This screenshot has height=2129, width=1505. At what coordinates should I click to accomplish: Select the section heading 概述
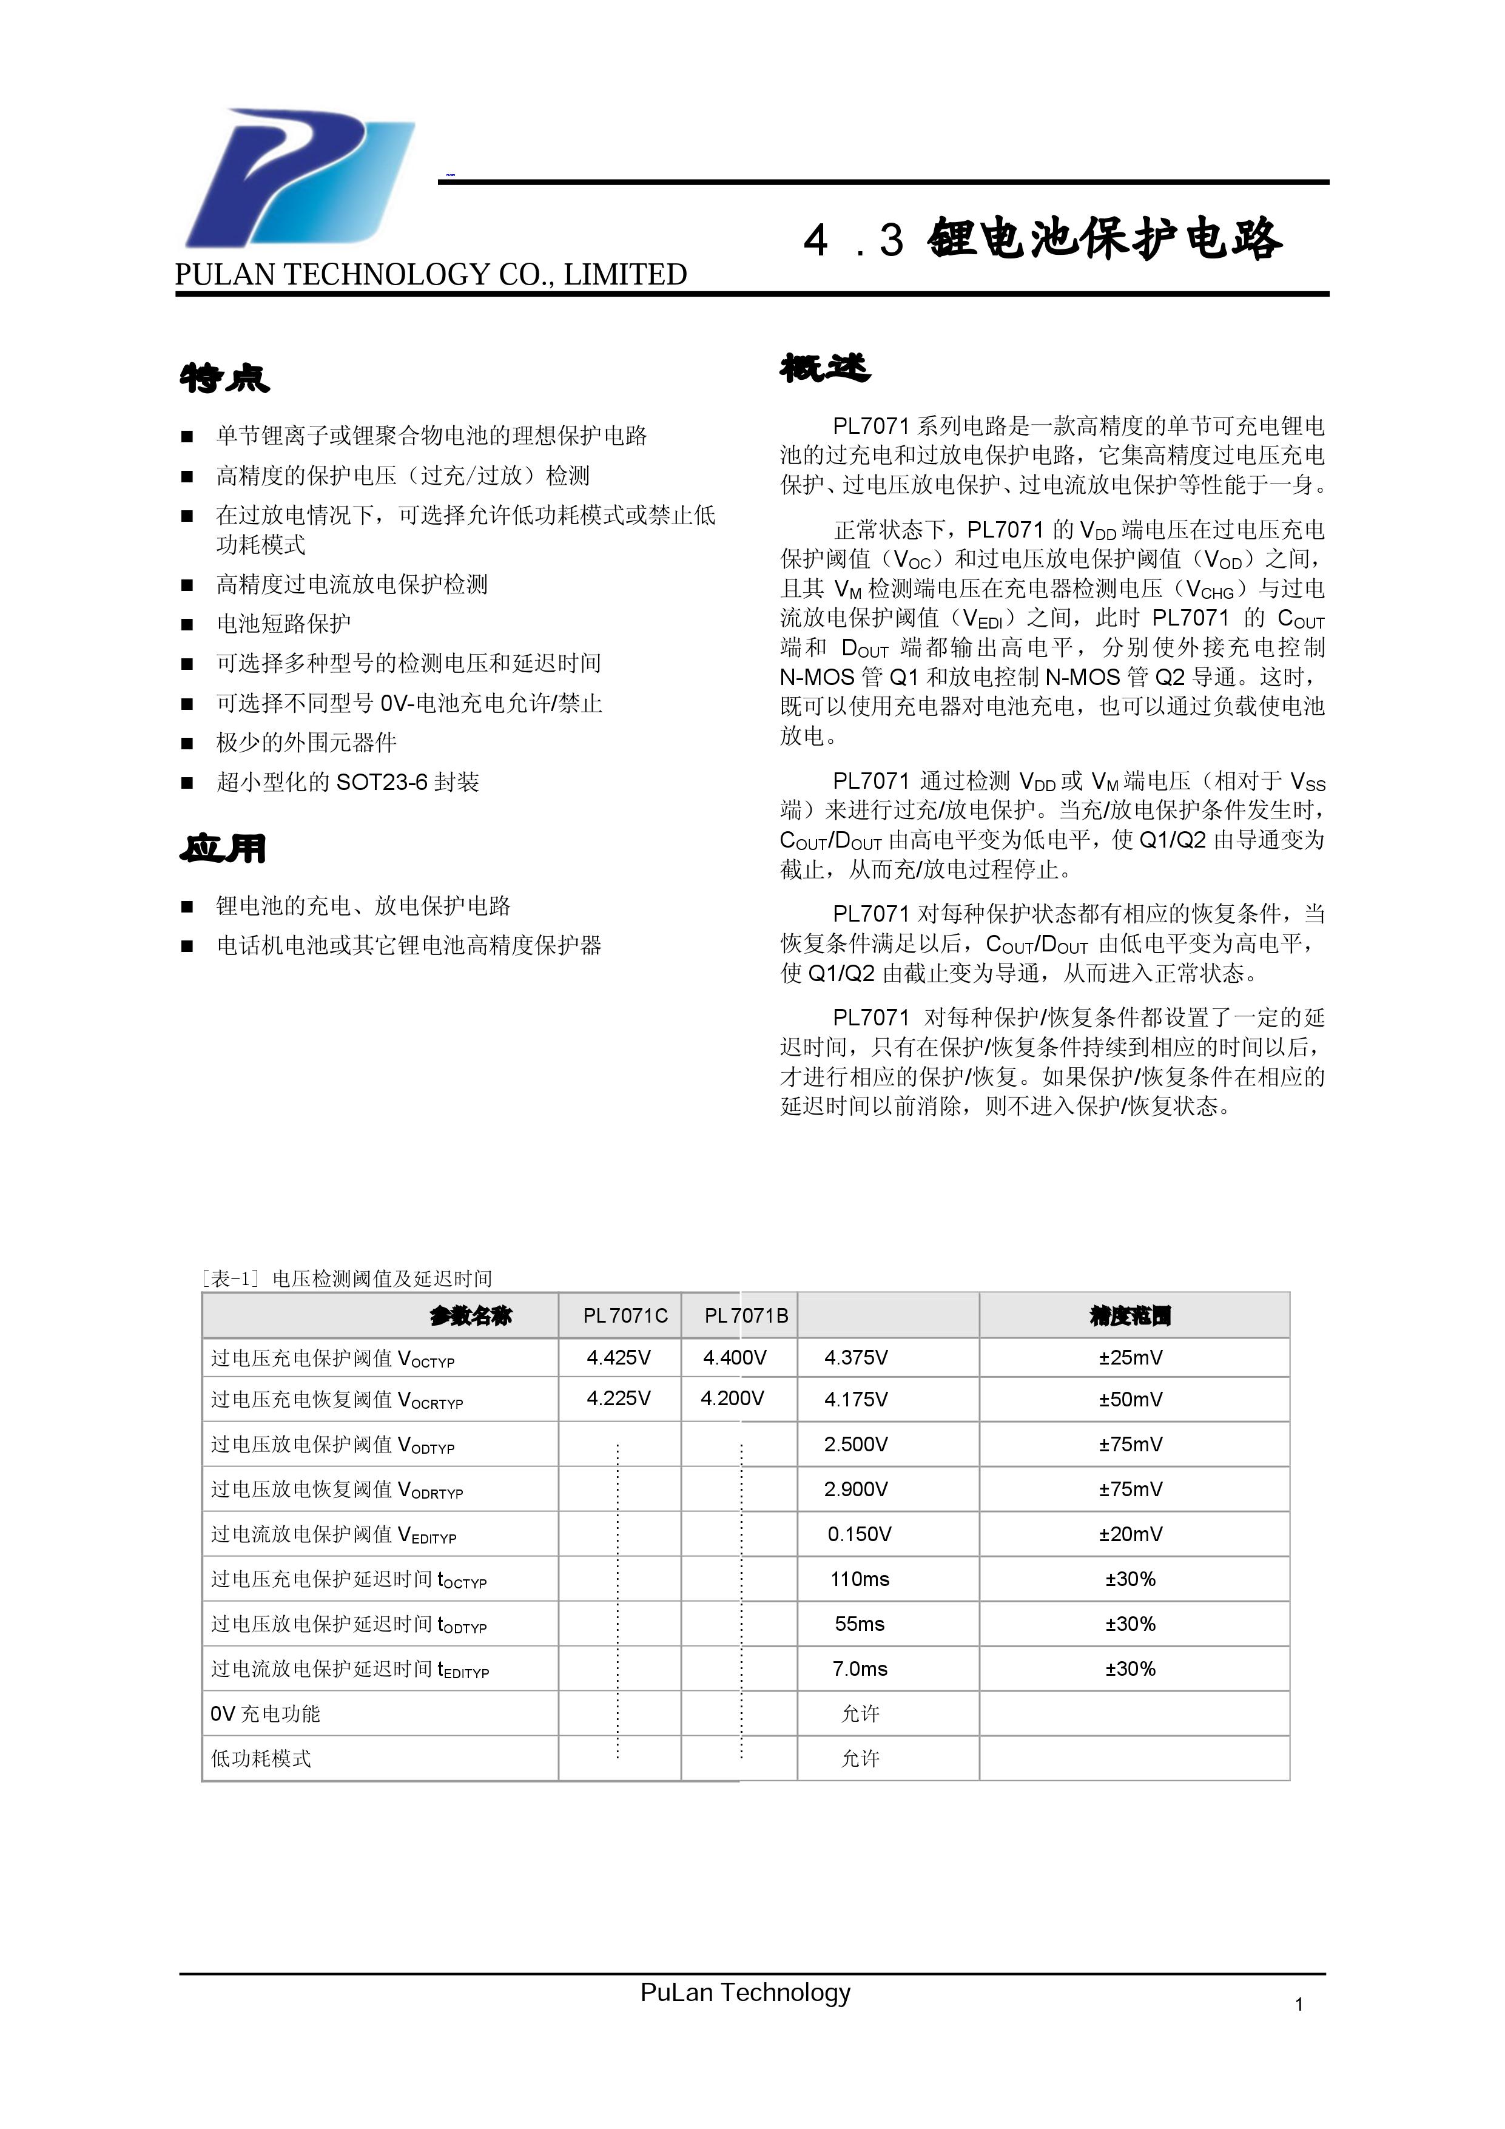pos(824,368)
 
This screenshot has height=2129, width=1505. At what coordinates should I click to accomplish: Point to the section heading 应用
pos(223,848)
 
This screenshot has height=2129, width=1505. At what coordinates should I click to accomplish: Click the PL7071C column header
pos(624,1315)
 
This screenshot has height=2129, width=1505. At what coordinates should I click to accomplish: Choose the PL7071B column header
pos(746,1315)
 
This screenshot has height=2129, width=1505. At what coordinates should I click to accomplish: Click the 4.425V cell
pos(619,1357)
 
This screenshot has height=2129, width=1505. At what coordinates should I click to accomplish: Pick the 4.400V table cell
pos(735,1357)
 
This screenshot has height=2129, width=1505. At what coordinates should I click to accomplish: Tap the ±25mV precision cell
pos(1130,1357)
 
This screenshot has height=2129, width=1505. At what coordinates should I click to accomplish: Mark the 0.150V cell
pos(859,1534)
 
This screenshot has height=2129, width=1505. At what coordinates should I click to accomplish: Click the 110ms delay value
pos(860,1578)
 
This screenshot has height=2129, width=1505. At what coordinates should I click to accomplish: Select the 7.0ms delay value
pos(860,1668)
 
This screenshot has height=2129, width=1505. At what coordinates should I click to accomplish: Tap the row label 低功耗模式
pos(261,1758)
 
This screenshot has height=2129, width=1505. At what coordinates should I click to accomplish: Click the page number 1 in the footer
pos(1298,2005)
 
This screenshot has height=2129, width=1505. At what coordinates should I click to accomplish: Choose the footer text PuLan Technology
pos(745,1992)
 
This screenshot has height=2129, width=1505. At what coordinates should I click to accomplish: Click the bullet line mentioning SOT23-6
pos(348,781)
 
